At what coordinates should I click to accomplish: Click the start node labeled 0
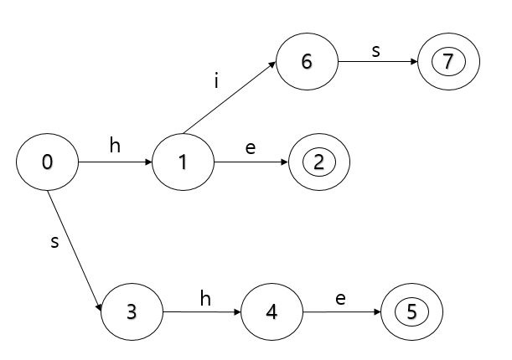(x=48, y=162)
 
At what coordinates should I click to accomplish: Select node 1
(x=182, y=162)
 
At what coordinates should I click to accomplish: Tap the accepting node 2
(x=318, y=162)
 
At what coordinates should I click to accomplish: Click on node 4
(x=272, y=312)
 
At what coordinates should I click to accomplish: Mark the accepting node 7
(x=447, y=62)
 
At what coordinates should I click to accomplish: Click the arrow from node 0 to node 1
(x=115, y=162)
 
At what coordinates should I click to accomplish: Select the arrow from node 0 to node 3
(x=75, y=252)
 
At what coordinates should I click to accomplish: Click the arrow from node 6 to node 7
(x=377, y=62)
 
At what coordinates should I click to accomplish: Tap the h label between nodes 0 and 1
(x=116, y=145)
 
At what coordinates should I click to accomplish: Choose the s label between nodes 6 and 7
(x=375, y=49)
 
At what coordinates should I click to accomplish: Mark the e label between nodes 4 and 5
(x=340, y=297)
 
